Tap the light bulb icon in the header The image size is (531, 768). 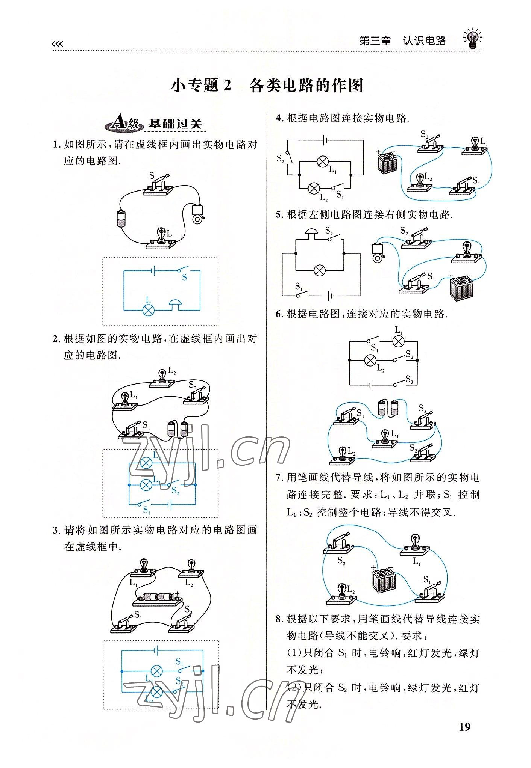pos(472,38)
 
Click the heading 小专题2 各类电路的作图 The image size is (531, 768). pos(267,86)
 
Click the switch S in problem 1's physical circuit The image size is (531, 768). pos(158,186)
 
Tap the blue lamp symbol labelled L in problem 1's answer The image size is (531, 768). pos(149,310)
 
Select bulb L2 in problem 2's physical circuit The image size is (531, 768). pos(162,379)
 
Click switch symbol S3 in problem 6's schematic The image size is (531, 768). pos(400,383)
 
